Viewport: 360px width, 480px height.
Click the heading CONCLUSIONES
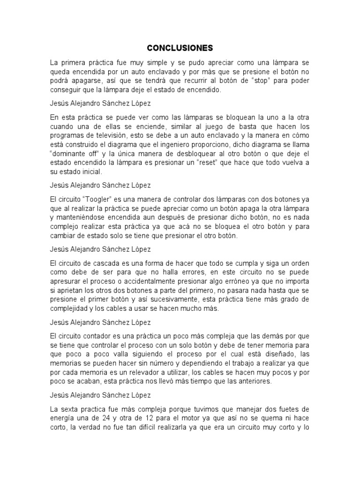pyautogui.click(x=180, y=48)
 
